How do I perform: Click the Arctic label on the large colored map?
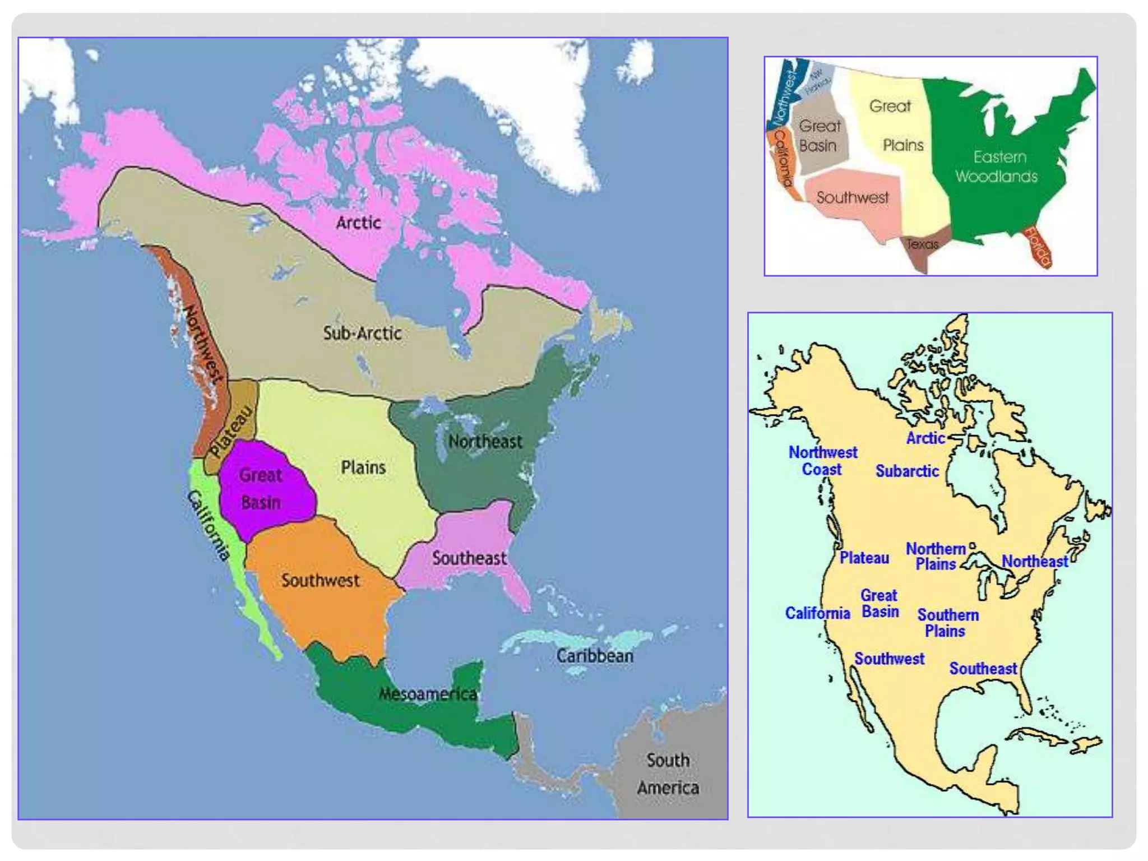coord(358,223)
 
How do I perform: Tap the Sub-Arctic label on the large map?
coord(362,333)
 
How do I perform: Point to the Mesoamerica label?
coord(428,694)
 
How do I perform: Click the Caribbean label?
coord(595,656)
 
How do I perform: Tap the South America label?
coord(668,774)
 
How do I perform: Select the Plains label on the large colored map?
coord(363,467)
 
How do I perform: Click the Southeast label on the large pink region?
coord(469,558)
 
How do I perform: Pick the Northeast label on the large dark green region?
coord(485,442)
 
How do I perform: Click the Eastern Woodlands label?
coord(997,166)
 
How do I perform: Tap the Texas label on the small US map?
coord(923,244)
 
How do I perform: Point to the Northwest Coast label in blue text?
coord(822,461)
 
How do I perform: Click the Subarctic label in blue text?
coord(907,471)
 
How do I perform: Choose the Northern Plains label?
coord(936,556)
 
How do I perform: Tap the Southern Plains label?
coord(947,623)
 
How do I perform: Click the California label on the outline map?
coord(817,613)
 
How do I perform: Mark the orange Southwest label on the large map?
coord(320,580)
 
